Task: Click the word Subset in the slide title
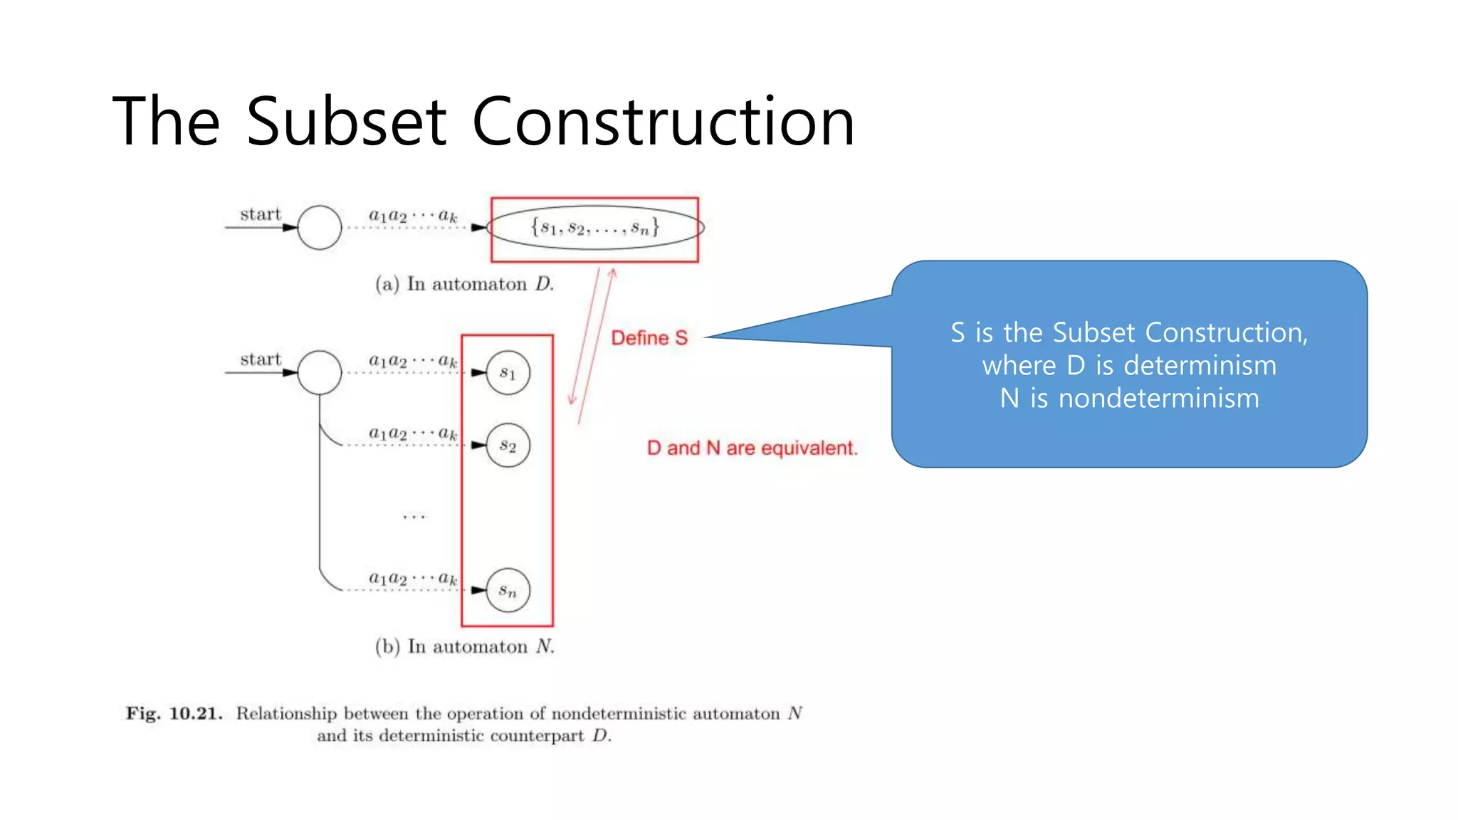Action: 346,122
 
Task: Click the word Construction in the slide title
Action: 663,122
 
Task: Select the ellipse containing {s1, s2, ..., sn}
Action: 595,228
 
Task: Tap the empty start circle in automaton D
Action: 320,228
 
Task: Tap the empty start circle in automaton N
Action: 320,372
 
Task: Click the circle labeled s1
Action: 508,372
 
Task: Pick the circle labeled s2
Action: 508,446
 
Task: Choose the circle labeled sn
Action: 508,590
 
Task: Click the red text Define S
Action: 649,338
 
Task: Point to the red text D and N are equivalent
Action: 752,448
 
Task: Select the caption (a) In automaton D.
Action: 464,284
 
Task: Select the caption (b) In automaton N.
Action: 464,646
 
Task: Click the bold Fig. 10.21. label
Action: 174,713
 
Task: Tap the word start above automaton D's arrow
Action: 261,214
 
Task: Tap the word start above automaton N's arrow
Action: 261,359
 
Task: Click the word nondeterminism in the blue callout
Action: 1158,398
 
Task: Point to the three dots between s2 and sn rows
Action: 414,517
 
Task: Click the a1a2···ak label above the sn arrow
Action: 413,578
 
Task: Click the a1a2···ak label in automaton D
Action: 413,215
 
